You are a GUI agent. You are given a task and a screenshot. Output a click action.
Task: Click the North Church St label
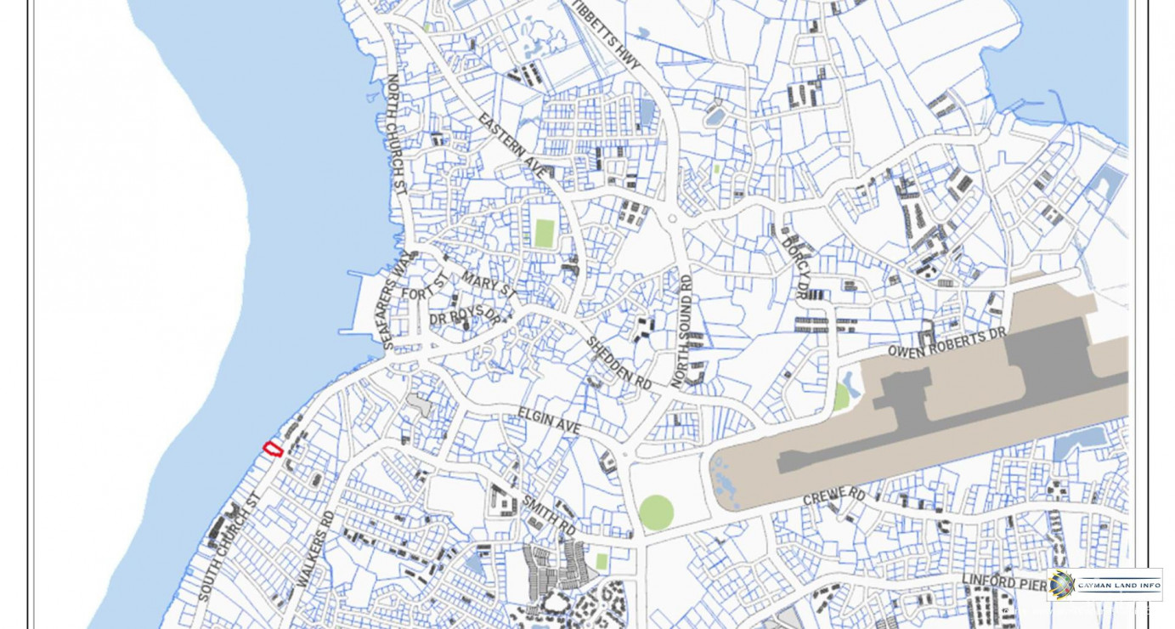click(396, 134)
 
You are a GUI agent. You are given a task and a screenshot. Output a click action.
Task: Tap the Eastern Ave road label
click(511, 146)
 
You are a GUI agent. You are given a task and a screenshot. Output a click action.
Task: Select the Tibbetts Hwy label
click(606, 36)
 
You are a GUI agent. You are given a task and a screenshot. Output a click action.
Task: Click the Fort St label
click(424, 287)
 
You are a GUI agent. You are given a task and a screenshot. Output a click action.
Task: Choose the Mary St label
click(489, 284)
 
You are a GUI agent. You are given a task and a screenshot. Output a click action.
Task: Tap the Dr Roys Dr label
click(465, 317)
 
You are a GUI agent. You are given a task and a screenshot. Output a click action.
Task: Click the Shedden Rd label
click(619, 363)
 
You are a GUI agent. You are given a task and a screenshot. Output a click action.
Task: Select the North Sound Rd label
click(682, 331)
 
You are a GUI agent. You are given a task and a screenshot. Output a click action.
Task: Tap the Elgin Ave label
click(549, 421)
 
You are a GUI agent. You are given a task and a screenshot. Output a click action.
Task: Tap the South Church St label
click(227, 547)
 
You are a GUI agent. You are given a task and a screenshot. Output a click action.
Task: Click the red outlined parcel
click(273, 449)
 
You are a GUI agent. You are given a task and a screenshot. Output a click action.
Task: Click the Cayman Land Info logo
click(1104, 585)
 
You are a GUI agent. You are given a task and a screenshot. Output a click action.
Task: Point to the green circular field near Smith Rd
click(656, 513)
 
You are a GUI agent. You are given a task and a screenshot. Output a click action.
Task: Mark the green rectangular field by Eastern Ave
click(545, 233)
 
